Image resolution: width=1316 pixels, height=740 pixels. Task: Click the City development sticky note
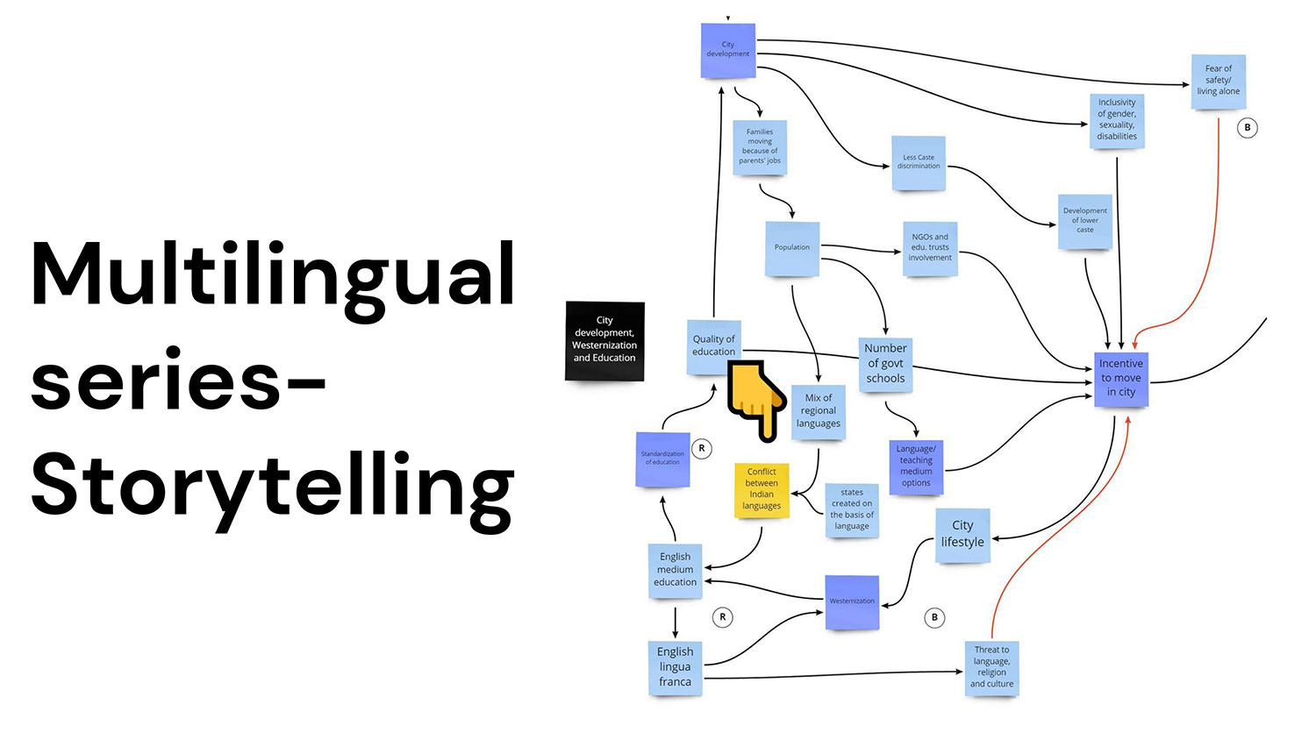(728, 50)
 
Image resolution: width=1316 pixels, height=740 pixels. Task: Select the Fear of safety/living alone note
(1218, 81)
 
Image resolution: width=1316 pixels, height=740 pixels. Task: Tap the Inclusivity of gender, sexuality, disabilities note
(1117, 120)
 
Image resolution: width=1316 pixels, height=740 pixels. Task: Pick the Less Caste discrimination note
(919, 163)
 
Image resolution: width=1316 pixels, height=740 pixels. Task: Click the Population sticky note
(792, 248)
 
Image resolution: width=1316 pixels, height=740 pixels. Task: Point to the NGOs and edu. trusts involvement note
(930, 248)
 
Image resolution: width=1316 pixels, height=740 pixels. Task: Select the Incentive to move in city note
(1121, 379)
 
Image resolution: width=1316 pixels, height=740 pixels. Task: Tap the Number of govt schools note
(885, 364)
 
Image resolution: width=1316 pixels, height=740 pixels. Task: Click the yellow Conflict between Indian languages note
(762, 489)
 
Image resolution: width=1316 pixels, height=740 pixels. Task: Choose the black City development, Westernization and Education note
(604, 340)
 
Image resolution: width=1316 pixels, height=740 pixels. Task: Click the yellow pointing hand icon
(756, 399)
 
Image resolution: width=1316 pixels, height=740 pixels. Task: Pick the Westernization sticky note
(852, 601)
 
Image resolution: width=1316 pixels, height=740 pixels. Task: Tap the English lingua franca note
(675, 667)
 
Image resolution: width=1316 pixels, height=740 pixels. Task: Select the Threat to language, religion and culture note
(991, 667)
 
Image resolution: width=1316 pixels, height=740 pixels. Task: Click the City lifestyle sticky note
(962, 534)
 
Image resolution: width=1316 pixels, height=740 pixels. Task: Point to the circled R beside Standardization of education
(701, 449)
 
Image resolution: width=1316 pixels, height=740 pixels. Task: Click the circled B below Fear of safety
(1248, 128)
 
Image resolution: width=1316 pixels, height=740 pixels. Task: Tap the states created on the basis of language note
(852, 509)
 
